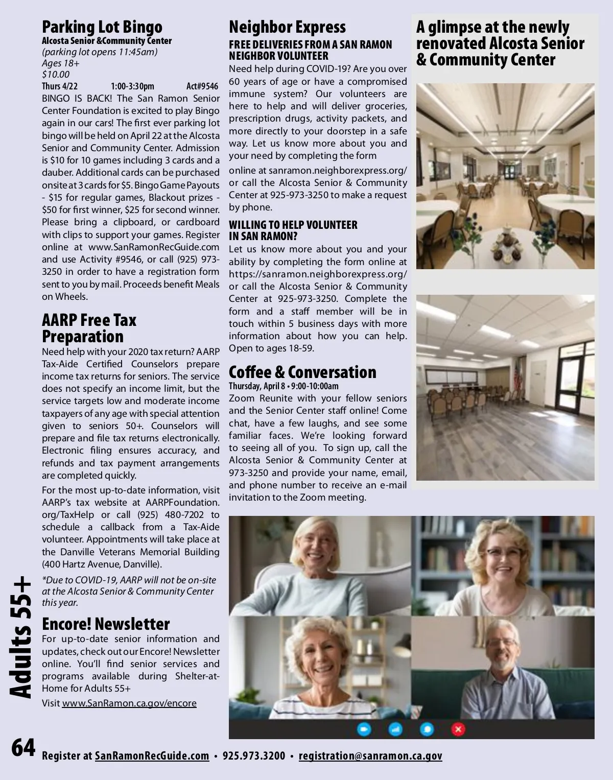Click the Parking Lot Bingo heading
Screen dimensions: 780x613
(102, 27)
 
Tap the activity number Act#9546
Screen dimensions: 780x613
(202, 86)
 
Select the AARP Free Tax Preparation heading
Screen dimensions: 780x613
(89, 328)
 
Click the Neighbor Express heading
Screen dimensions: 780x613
(287, 27)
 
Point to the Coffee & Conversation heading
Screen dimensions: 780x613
(302, 372)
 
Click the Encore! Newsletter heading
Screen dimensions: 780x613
(106, 624)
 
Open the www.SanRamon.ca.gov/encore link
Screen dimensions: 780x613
(129, 703)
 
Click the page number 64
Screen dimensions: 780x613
(23, 748)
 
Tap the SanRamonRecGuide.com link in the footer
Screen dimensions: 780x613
(152, 756)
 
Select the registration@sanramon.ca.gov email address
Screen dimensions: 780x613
(370, 756)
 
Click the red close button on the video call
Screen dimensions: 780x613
(458, 729)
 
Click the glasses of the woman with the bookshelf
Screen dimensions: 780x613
(504, 553)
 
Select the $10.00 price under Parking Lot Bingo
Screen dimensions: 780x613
(56, 75)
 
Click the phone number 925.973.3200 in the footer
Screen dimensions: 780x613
(254, 756)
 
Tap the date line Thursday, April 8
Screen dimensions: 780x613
(284, 386)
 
